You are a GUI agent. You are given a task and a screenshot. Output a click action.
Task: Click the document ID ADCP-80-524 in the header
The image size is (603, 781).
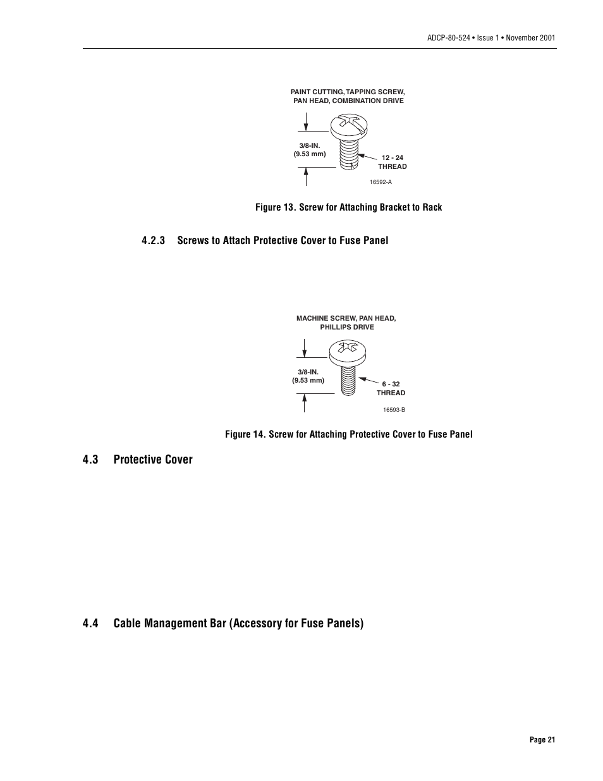pos(449,38)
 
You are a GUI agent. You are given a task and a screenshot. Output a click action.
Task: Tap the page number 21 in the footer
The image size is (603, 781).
pos(542,740)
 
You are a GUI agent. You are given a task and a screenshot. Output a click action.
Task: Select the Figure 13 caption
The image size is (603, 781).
pos(348,207)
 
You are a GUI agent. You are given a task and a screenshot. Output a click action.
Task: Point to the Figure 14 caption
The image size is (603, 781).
pos(348,434)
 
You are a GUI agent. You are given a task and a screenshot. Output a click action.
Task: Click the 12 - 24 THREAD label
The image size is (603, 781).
pos(393,162)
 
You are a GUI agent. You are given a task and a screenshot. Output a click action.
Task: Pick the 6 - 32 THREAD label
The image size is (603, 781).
pos(391,388)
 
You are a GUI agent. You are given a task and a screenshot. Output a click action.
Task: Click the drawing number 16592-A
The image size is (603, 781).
pos(381,182)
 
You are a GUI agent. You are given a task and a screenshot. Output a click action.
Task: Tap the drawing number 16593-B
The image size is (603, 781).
pos(394,410)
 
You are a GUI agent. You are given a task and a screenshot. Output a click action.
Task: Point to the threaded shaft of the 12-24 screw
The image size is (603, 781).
pos(346,154)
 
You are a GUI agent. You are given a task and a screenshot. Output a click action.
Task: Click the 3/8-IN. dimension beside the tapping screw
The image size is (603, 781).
pos(310,146)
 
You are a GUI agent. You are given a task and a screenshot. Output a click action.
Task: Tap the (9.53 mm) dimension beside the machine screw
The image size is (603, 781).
pos(308,381)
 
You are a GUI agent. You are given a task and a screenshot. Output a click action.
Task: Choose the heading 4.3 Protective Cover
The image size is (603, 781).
pos(137,460)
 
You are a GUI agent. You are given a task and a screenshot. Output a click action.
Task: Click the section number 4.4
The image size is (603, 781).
pos(90,624)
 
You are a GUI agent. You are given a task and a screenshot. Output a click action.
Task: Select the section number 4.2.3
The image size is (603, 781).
pos(154,240)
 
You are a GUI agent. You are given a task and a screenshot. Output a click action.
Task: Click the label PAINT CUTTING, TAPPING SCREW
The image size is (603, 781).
pos(347,92)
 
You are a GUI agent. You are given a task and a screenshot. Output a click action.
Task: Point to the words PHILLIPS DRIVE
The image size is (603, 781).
pos(346,328)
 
